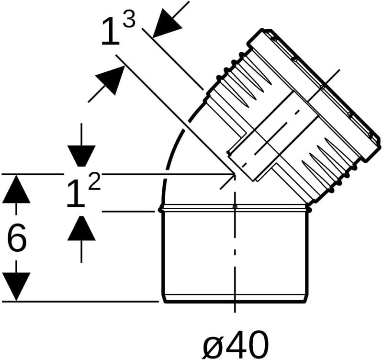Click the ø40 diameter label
tap(236, 345)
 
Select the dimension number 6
tap(17, 237)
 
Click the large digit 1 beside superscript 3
tap(111, 32)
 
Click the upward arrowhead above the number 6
tap(16, 189)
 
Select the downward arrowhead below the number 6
tap(16, 287)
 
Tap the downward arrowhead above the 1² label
tap(81, 156)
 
